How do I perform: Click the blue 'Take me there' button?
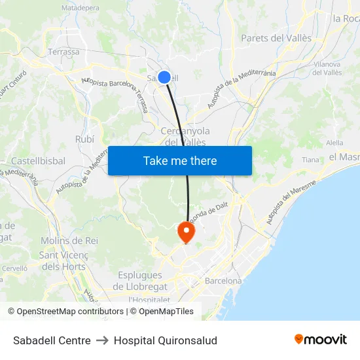[180, 160]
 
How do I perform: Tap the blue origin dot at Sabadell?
[164, 77]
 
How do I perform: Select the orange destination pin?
[186, 231]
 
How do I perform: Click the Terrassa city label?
[63, 52]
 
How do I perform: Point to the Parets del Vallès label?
[276, 38]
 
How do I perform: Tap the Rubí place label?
[85, 139]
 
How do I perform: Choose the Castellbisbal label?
[38, 160]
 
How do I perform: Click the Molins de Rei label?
[69, 241]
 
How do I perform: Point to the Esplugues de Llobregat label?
[141, 281]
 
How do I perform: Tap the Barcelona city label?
[223, 281]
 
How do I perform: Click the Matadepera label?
[80, 8]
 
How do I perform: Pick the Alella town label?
[334, 143]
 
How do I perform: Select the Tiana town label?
[311, 160]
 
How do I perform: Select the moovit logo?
[321, 340]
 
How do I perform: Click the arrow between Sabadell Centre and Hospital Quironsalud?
[102, 340]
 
